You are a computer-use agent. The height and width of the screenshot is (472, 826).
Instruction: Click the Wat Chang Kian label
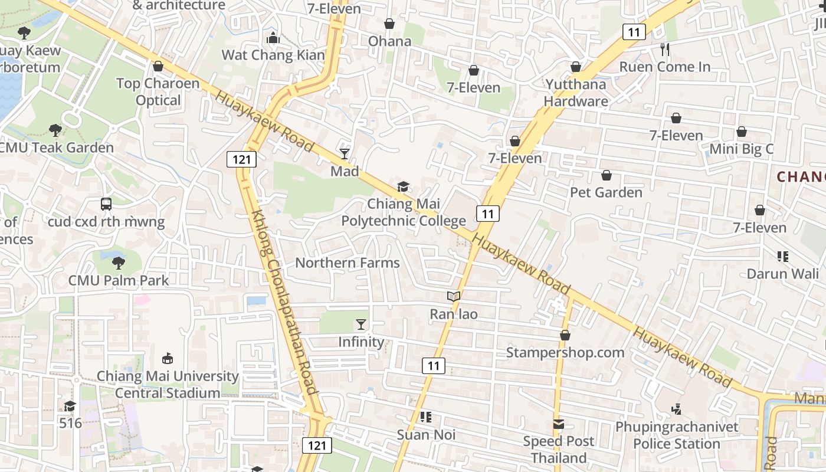(273, 55)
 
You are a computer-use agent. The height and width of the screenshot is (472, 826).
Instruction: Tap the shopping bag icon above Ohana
(389, 24)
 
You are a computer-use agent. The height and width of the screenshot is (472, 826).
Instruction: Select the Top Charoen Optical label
(158, 91)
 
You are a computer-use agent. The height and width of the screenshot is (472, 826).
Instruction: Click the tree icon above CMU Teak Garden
(55, 130)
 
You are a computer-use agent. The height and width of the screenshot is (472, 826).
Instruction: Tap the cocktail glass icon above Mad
(345, 154)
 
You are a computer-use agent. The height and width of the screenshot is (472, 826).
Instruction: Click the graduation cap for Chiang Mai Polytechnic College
(403, 187)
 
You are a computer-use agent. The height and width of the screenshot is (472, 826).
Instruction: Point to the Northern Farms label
(348, 263)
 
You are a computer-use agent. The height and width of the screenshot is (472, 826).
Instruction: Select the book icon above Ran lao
(453, 296)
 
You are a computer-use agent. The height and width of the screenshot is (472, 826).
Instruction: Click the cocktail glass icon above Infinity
(361, 324)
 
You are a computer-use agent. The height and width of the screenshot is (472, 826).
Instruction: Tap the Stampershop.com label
(565, 353)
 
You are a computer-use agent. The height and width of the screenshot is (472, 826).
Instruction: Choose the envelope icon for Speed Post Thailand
(558, 424)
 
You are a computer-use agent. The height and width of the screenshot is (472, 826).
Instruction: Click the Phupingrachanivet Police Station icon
(677, 408)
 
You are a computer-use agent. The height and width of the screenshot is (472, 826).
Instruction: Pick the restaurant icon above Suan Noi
(426, 417)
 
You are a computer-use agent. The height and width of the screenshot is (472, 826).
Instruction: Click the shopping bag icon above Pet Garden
(606, 175)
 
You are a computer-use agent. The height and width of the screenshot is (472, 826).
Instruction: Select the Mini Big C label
(741, 149)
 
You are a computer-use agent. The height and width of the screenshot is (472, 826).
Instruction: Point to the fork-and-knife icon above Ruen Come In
(665, 49)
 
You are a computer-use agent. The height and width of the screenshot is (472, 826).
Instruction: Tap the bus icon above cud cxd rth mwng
(106, 204)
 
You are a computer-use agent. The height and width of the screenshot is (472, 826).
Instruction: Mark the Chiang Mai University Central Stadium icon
(168, 358)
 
